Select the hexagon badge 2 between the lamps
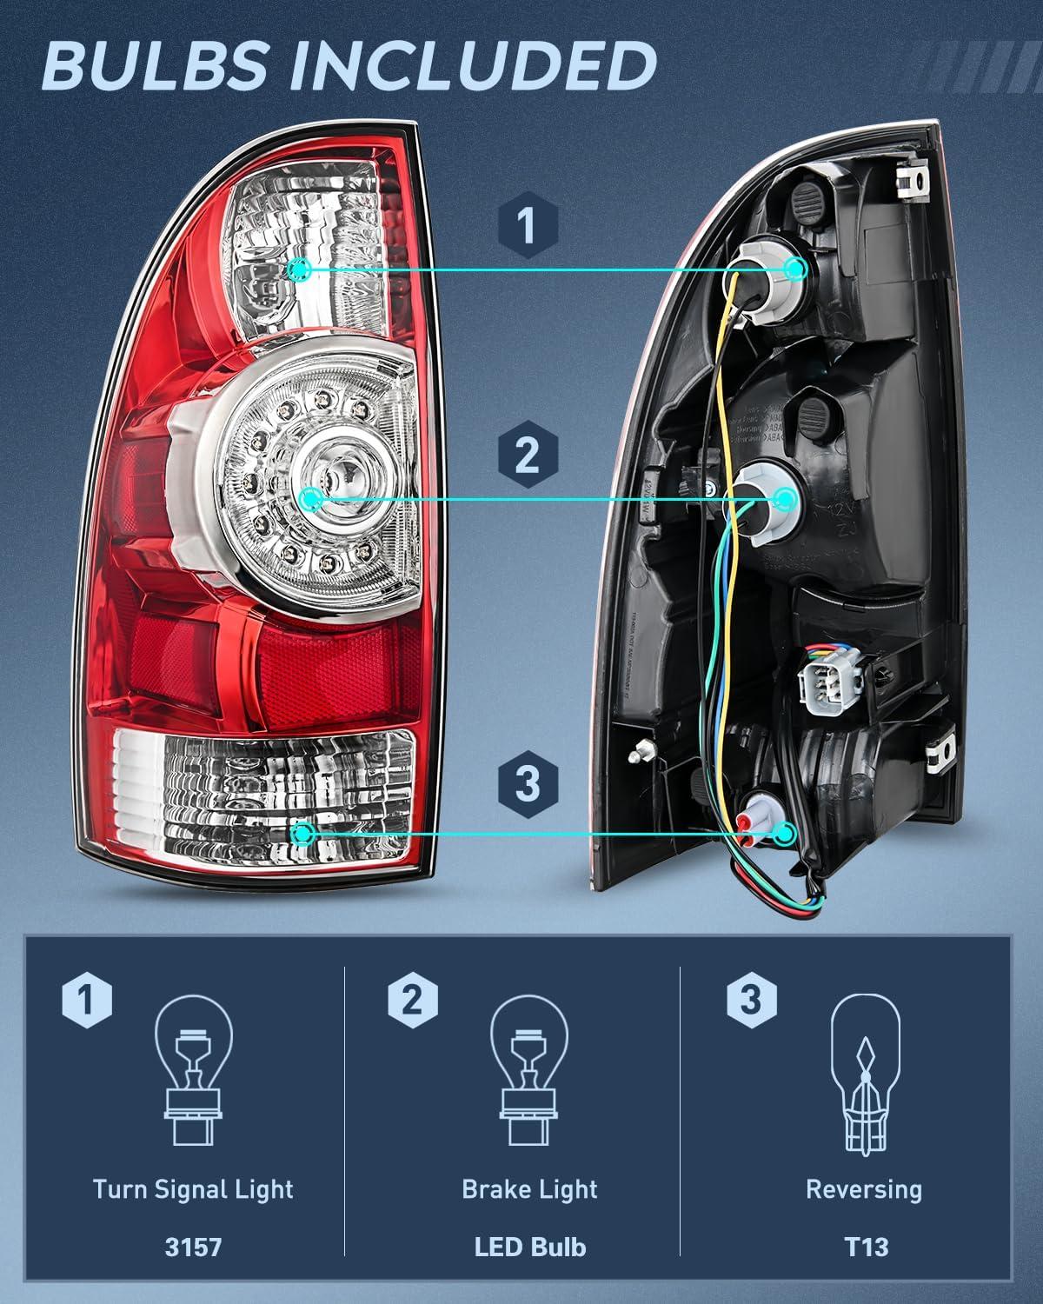[527, 454]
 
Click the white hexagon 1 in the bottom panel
[87, 1000]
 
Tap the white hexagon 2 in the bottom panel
[413, 1000]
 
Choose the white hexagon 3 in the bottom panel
[750, 1000]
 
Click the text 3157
[193, 1247]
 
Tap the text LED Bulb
[529, 1247]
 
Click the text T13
[866, 1247]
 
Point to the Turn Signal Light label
[193, 1189]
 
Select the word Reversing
[864, 1189]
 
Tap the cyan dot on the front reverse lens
[302, 835]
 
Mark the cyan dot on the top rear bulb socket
[794, 269]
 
